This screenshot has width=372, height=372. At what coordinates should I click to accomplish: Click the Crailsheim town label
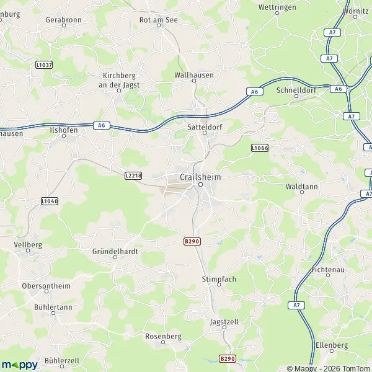click(x=200, y=177)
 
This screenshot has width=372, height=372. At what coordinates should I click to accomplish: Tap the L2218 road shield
click(x=133, y=176)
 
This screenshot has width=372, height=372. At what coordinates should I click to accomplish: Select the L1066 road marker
click(x=260, y=148)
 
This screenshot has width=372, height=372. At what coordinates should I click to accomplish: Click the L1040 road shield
click(x=50, y=201)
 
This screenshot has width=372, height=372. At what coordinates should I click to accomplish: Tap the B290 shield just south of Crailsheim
click(x=192, y=241)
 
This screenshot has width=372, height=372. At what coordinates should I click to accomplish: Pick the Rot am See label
click(x=158, y=20)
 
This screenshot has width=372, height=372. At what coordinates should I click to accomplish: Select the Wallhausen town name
click(x=194, y=75)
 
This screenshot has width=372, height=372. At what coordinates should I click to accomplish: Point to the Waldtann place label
click(x=301, y=185)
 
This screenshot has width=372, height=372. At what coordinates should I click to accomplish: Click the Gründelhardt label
click(x=115, y=252)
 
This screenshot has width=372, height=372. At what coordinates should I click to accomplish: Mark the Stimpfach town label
click(x=219, y=280)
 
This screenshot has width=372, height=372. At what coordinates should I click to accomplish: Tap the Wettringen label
click(x=276, y=8)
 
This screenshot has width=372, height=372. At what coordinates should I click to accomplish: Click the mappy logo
click(x=19, y=365)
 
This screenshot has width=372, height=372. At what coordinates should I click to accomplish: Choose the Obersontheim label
click(x=46, y=286)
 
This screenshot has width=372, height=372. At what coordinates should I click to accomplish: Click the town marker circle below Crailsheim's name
click(x=201, y=185)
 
